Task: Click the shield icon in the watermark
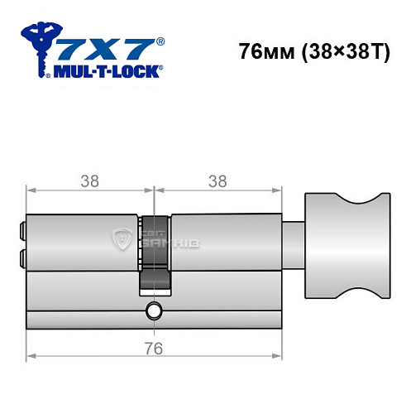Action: (x=121, y=241)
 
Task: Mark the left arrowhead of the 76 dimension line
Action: (x=31, y=356)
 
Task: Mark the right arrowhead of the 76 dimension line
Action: (x=279, y=356)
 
